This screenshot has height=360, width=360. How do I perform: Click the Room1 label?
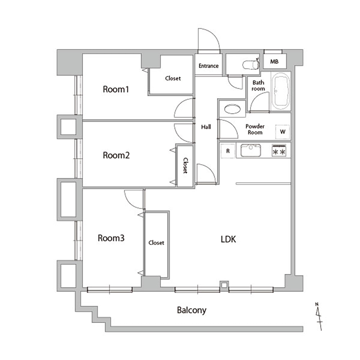click(116, 89)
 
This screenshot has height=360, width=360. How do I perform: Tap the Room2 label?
click(116, 156)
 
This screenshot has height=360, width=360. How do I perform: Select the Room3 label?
click(111, 238)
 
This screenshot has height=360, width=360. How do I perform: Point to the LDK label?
click(228, 239)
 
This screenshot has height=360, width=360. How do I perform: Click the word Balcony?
click(192, 310)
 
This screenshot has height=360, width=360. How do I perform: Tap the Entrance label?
click(208, 66)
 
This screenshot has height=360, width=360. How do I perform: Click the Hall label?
click(206, 127)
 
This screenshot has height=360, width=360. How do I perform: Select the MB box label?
click(274, 62)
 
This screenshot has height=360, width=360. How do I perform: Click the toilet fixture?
click(251, 64)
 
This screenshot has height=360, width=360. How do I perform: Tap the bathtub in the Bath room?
click(280, 91)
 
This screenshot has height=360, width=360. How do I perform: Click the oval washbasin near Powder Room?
click(232, 109)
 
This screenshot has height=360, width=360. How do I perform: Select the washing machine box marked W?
click(282, 132)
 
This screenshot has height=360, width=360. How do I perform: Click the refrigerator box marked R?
click(228, 151)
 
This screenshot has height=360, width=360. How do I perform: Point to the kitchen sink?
click(251, 150)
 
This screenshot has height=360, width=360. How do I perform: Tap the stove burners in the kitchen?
click(279, 151)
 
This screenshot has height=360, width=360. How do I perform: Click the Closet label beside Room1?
click(173, 78)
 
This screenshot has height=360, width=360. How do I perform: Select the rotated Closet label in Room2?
click(185, 165)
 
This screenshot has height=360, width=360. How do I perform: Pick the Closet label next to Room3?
click(156, 243)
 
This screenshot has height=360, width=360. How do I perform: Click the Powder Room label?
click(255, 129)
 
